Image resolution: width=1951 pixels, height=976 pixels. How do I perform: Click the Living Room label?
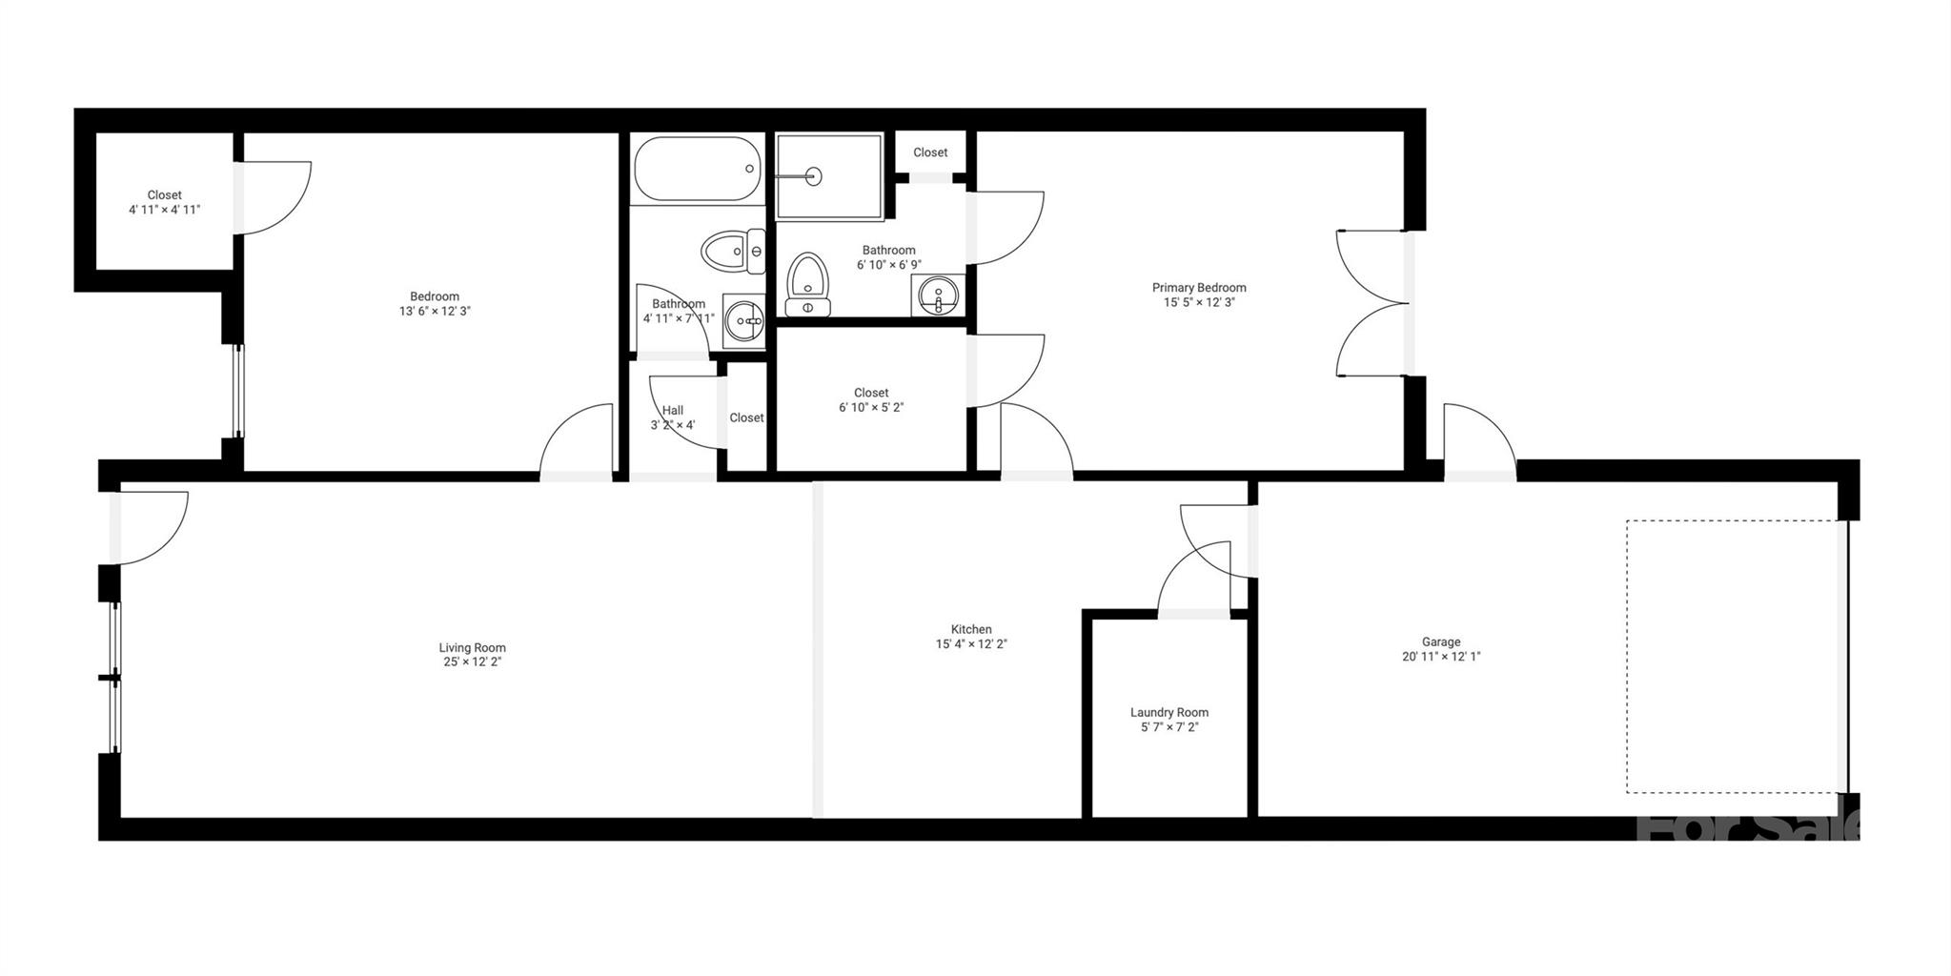coord(472,648)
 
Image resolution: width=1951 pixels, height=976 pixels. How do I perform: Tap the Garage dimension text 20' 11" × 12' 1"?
coord(1440,657)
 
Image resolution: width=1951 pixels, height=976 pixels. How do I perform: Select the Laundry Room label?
coord(1169,713)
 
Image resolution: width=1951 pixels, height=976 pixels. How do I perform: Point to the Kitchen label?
coord(971,629)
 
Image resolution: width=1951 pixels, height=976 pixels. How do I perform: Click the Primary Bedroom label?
coord(1198,288)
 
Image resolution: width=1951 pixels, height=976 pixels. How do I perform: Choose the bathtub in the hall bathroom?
coord(697,170)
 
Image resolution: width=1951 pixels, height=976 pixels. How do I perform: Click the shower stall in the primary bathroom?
coord(828,176)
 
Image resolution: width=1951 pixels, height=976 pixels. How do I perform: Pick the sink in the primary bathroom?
coord(939,295)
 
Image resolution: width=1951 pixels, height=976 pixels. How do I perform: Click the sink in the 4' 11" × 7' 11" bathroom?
coord(743,321)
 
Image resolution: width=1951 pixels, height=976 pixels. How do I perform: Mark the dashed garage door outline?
coord(1731,656)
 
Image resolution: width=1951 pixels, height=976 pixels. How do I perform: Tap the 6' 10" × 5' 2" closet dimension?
coord(870,408)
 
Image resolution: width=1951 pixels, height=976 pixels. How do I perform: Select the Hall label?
coord(672,411)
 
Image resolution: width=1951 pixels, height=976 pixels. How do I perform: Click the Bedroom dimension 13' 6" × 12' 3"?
coord(435,312)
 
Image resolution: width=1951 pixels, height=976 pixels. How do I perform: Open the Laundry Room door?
coord(1193,579)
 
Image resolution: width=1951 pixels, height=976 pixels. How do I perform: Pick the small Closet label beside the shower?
coord(930,152)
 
